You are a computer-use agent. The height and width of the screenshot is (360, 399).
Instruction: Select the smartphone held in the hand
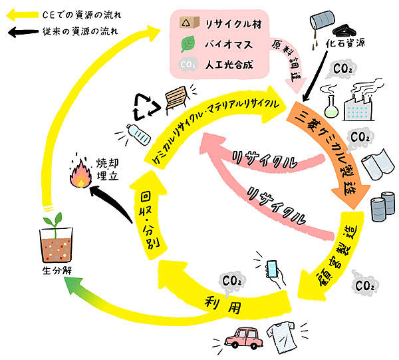pos(271,268)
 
